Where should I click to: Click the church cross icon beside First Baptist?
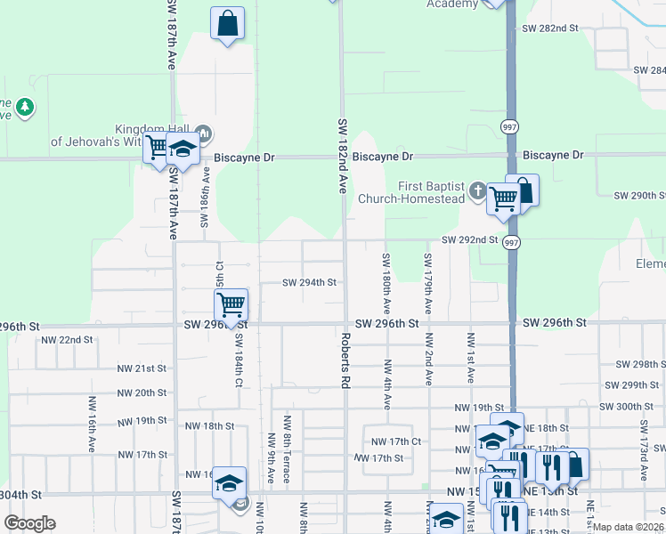point(477,190)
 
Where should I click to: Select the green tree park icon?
point(26,107)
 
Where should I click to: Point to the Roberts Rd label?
point(343,360)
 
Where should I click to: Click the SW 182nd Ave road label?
point(343,156)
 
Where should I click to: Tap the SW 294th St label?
point(309,283)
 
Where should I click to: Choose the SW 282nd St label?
point(550,28)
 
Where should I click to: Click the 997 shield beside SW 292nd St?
point(510,242)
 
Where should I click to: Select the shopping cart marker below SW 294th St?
point(231,305)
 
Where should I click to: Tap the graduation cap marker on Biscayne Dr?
point(183,150)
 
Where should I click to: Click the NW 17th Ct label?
point(396,441)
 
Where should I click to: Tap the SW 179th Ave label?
point(428,284)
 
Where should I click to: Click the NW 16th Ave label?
point(92,425)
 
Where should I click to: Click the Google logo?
point(29,523)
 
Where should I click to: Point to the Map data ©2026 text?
point(628,527)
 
